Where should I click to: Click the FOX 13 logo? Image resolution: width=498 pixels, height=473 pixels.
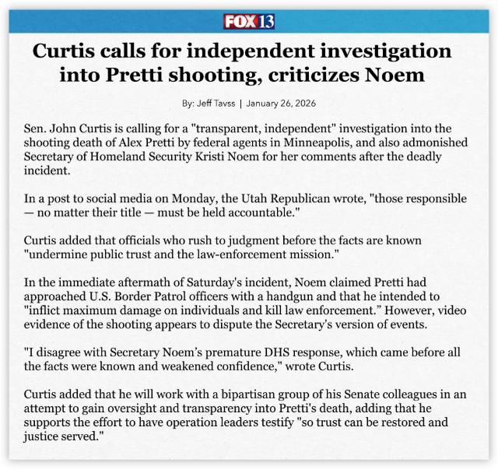[249, 21]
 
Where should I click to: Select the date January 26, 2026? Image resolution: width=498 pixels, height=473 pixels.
[283, 103]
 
